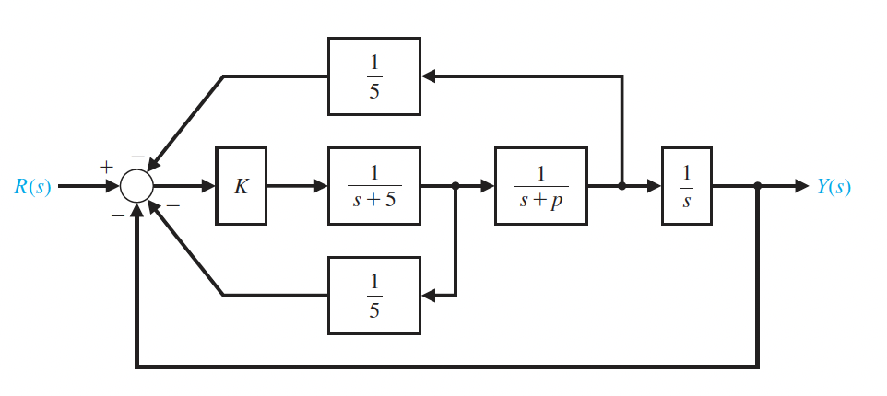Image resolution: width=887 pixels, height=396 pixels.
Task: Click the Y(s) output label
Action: coord(834,186)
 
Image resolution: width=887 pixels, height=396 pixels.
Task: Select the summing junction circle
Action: coord(136,186)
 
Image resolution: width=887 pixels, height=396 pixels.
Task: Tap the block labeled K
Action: coord(242,186)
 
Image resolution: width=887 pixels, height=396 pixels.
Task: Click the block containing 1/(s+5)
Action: coord(373,186)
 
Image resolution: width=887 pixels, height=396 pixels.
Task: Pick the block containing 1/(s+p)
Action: coord(540,186)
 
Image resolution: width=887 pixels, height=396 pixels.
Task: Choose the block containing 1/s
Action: coord(686,186)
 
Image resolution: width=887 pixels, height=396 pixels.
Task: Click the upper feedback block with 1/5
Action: coord(373,76)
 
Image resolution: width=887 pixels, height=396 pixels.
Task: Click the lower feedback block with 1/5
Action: coord(373,295)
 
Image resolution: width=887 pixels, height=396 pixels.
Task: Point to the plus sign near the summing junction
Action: coord(106,168)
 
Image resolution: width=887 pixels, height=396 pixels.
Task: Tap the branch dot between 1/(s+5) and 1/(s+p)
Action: coord(456,186)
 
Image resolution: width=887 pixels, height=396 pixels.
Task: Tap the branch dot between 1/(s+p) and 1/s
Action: coord(622,186)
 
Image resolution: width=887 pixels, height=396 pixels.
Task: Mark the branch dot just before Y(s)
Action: coord(758,186)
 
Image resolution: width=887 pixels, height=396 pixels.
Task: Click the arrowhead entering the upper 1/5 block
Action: coord(429,76)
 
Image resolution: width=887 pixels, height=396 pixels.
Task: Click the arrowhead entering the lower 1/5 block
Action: coord(429,295)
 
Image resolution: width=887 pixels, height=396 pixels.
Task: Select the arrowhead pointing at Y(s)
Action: coord(800,186)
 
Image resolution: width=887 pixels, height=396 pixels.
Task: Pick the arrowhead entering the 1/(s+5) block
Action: coord(320,186)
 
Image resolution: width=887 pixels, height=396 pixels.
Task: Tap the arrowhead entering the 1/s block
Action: coord(654,186)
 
